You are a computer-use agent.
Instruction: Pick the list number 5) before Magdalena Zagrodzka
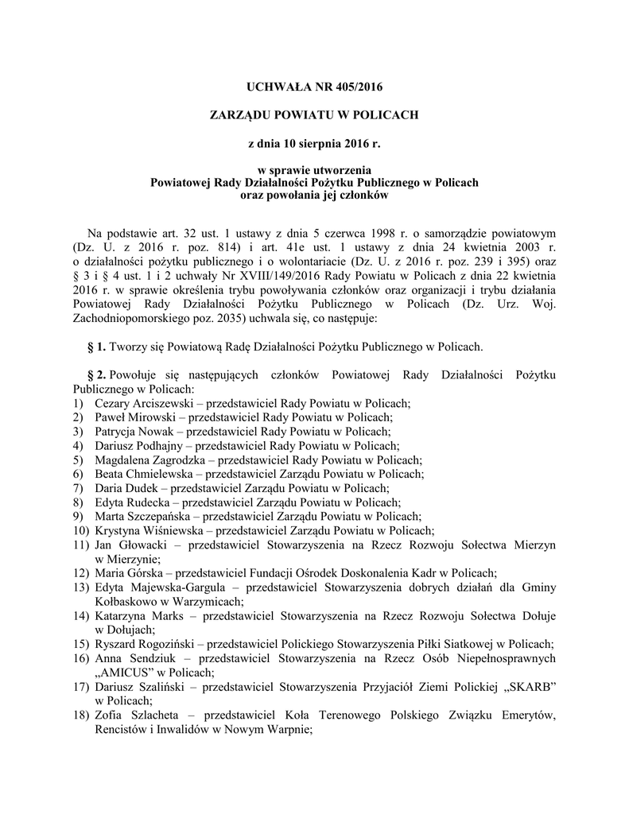[x=78, y=460]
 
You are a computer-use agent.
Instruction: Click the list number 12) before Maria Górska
[x=80, y=573]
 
